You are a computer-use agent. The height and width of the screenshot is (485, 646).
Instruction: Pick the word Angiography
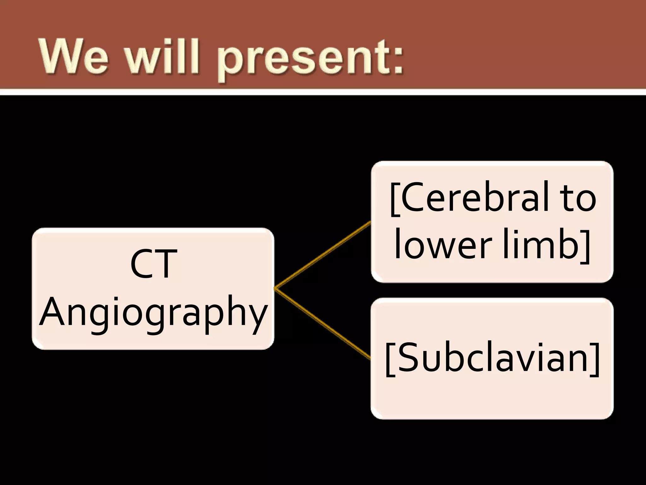point(154,313)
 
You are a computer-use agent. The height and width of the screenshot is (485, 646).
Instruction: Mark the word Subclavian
point(492,358)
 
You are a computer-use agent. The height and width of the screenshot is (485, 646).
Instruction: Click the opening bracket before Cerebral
point(394,199)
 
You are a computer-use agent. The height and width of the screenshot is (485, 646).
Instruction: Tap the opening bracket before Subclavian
point(390,359)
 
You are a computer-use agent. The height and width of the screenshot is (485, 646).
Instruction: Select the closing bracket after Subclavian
point(595,359)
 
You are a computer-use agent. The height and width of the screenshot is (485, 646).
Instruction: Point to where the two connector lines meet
point(276,288)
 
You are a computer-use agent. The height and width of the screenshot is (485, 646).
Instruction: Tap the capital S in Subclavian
point(407,358)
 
